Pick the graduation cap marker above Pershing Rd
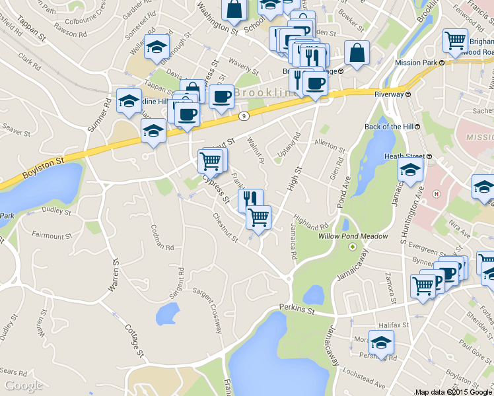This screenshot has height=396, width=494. click(381, 342)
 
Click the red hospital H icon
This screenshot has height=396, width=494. click(435, 194)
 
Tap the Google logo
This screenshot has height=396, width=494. click(23, 385)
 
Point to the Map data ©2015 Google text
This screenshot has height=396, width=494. click(453, 391)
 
